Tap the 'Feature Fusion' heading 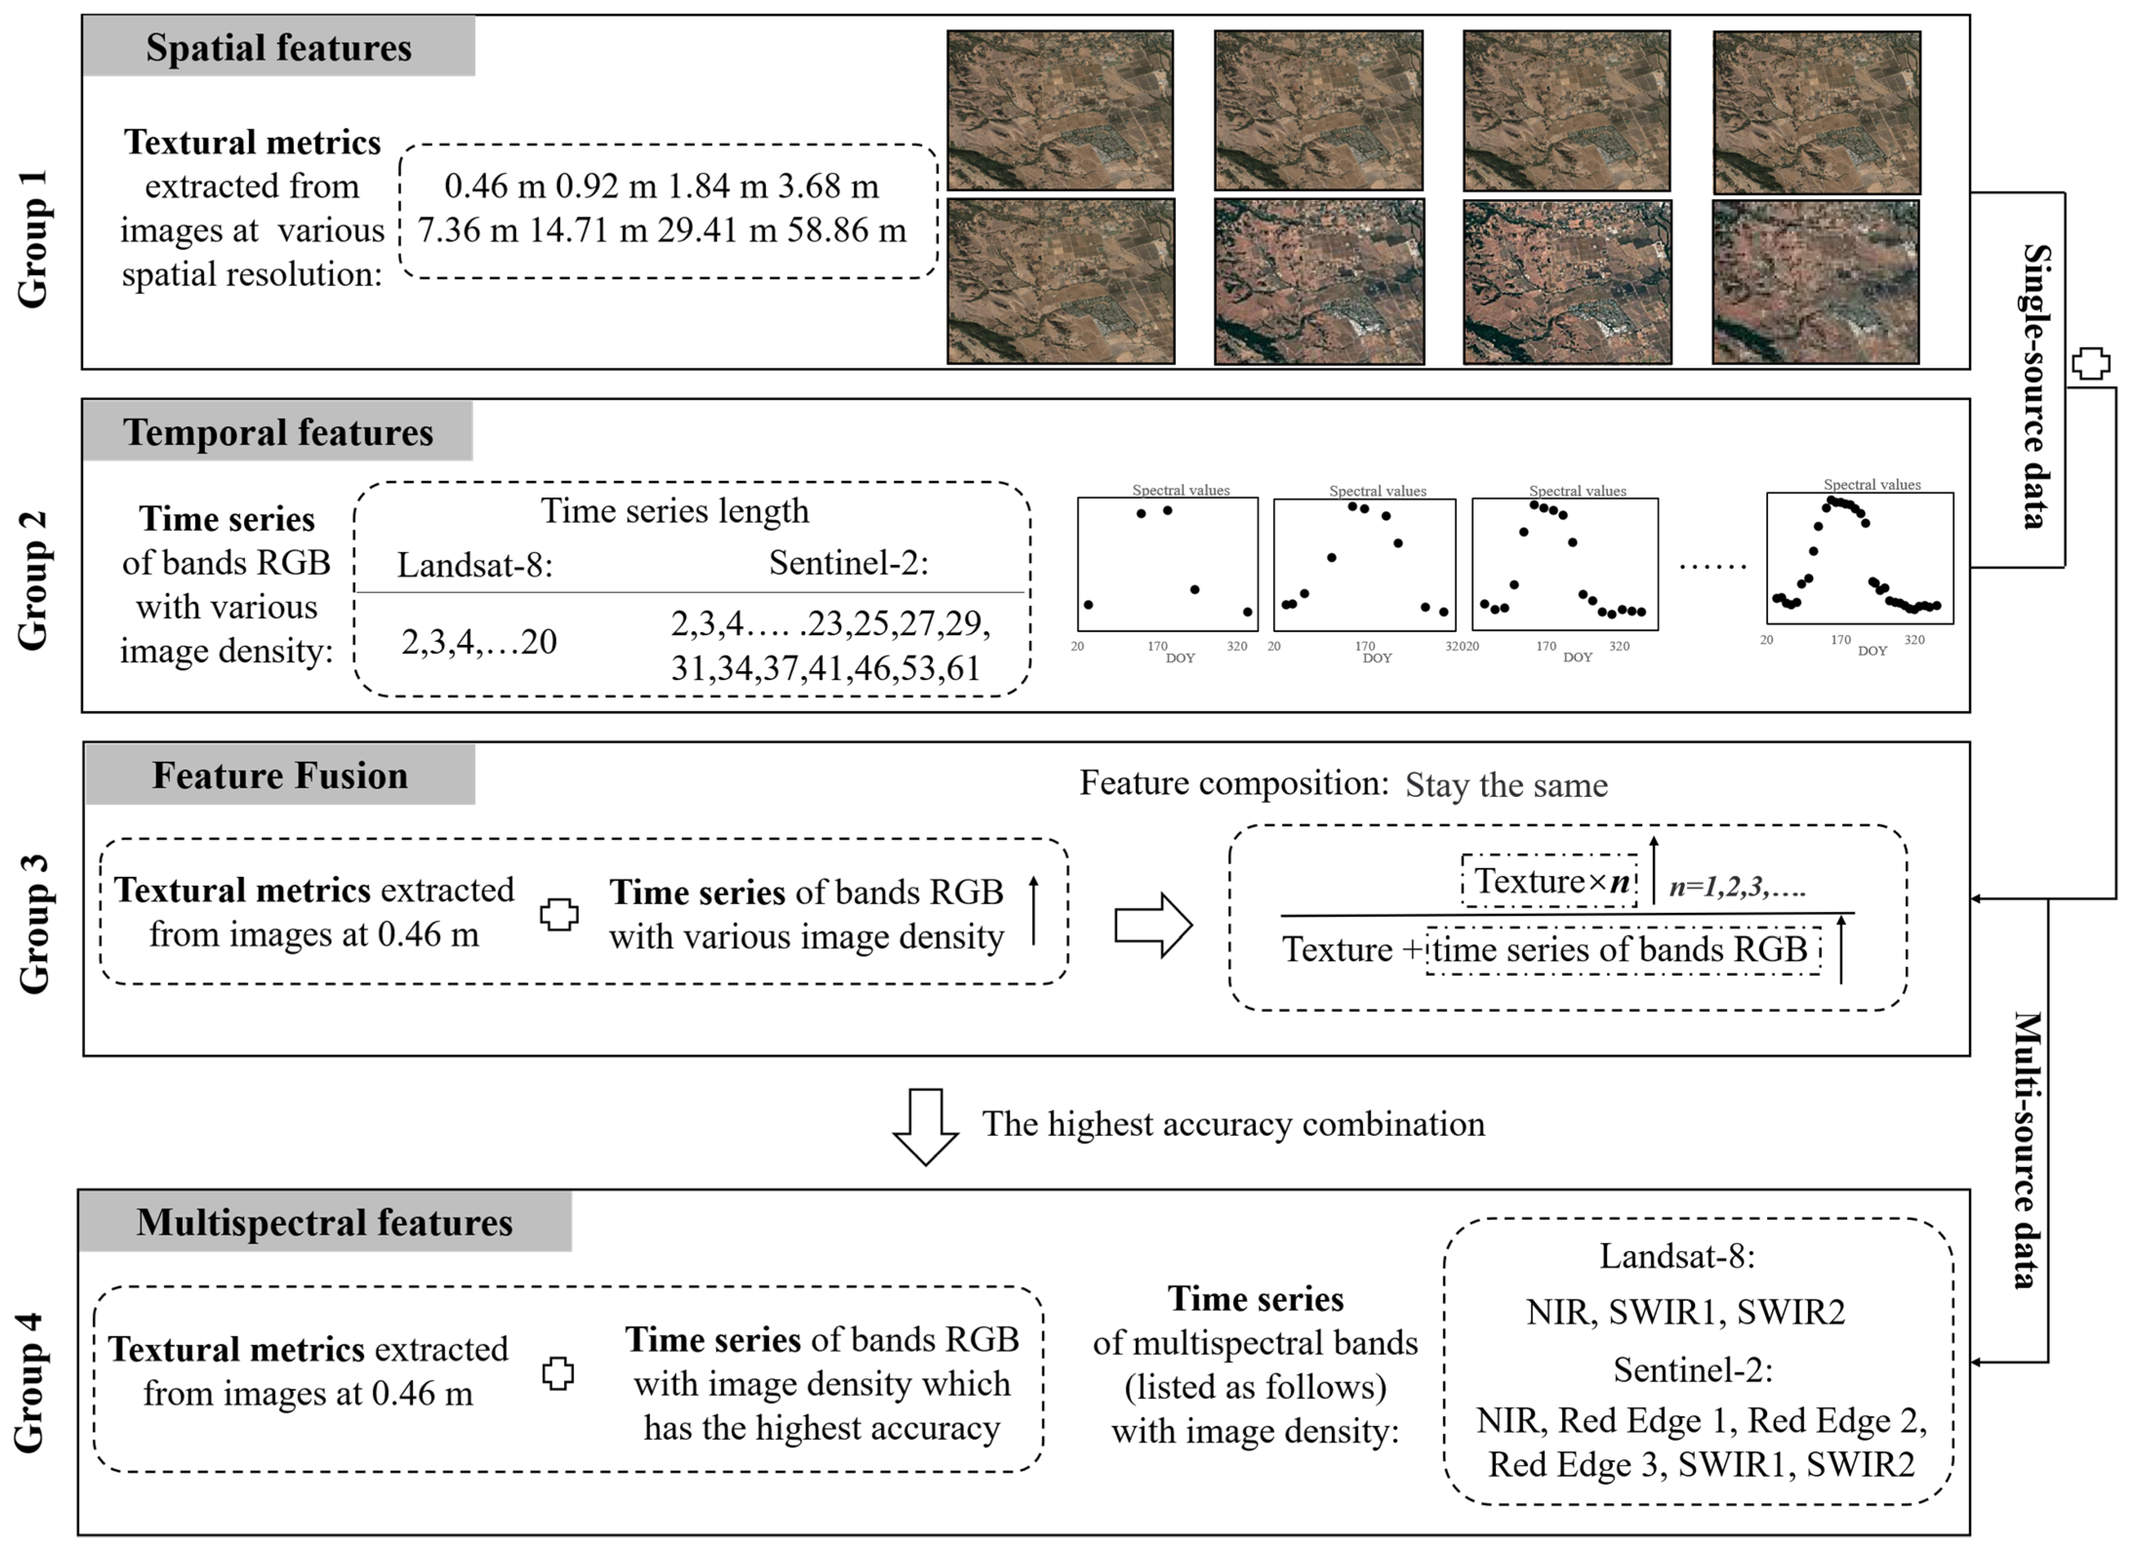(280, 775)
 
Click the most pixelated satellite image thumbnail (1814, 282)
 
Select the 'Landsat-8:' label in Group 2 (474, 565)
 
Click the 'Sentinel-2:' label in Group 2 (848, 563)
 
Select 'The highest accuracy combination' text (1233, 1124)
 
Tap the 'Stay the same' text (1506, 785)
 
